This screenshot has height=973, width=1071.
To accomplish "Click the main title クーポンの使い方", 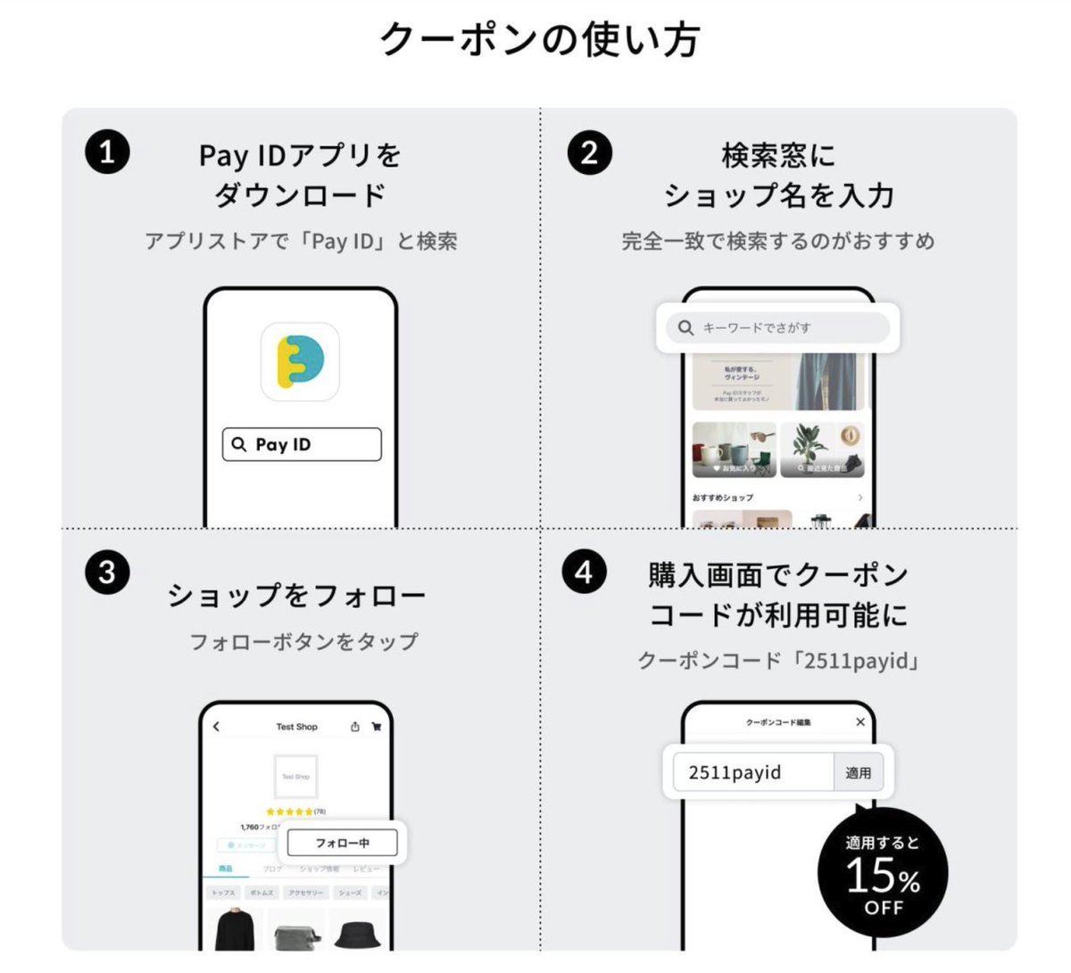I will click(x=539, y=39).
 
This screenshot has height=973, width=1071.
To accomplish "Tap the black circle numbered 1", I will click(x=107, y=152).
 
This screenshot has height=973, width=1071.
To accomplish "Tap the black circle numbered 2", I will click(x=589, y=152).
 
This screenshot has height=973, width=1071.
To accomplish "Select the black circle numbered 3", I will click(x=107, y=572).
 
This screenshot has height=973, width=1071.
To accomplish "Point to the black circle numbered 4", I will click(x=584, y=572).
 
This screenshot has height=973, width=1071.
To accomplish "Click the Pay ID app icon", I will click(x=300, y=361).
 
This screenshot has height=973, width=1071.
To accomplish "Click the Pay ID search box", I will click(x=302, y=444).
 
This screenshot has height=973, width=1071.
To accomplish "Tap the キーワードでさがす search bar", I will click(x=777, y=327).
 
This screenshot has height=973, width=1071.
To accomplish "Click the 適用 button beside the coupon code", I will click(x=858, y=772).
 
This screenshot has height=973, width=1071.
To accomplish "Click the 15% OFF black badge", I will click(x=882, y=872).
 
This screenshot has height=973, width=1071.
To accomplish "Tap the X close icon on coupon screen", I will click(x=860, y=722).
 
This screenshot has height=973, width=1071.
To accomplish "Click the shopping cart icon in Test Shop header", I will click(x=377, y=727).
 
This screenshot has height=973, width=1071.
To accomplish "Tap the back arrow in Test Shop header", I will click(x=216, y=727).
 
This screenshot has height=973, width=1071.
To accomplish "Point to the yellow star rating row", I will click(x=289, y=812).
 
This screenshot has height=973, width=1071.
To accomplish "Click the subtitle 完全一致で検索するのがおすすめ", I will click(x=778, y=241).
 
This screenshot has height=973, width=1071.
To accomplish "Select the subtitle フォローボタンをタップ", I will click(x=303, y=641).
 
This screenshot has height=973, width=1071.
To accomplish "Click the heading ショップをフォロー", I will click(x=296, y=595).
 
